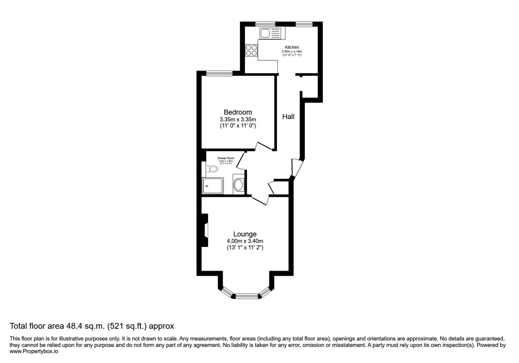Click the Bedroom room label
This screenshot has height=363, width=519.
(238, 112)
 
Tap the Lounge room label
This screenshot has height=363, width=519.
(245, 234)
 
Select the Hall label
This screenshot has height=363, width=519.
(288, 117)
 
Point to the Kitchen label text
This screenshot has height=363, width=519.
(292, 47)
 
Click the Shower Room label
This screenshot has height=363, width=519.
(226, 158)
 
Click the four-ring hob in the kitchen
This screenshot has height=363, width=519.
(251, 50)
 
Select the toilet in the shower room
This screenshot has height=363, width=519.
(212, 169)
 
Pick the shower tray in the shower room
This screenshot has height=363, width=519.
(213, 186)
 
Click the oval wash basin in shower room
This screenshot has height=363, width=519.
(239, 185)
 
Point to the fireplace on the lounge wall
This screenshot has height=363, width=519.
(205, 231)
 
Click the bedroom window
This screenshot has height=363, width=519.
(219, 73)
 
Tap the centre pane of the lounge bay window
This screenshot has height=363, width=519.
(247, 296)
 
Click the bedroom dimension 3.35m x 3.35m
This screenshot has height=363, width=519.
(238, 120)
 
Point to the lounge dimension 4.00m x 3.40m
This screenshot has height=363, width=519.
(245, 241)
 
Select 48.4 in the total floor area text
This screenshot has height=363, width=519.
(80, 326)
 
